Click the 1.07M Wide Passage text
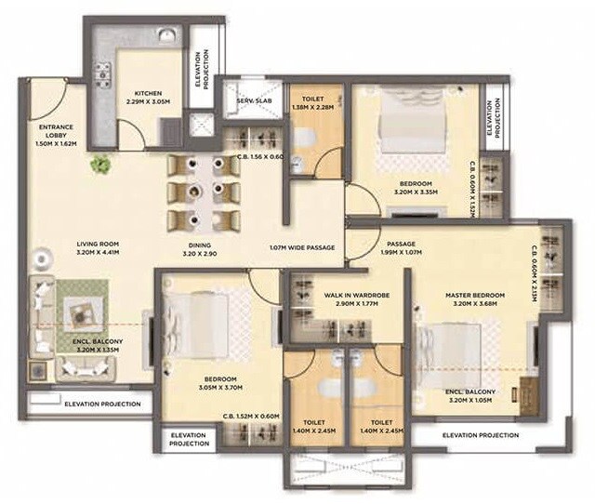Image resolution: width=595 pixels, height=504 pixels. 301,248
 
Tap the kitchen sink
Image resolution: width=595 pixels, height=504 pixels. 165,37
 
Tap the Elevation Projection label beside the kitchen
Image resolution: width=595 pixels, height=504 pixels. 205,70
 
